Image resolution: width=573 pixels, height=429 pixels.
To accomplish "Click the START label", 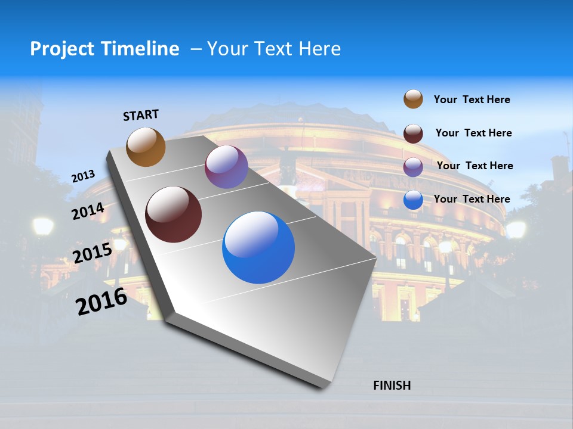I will point(141,115).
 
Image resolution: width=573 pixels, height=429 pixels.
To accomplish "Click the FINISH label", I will point(392,386).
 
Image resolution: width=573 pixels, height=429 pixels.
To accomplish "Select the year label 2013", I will point(83,176).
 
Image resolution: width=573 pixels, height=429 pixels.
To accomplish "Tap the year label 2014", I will point(88,212).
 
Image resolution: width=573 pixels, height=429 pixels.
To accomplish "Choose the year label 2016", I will point(101,301).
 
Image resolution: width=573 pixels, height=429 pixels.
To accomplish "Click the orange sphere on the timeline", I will point(146,147).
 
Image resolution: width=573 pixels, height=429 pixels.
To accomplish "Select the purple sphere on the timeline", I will point(226,167).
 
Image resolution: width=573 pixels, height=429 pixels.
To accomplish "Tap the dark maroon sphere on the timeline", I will point(173,214).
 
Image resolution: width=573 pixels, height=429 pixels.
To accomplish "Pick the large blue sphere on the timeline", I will point(258,247).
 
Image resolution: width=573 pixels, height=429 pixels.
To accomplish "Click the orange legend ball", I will point(413,99).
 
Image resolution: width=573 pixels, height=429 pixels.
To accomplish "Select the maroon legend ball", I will point(413,133).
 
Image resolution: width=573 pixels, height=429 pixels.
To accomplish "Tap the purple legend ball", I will point(413,166).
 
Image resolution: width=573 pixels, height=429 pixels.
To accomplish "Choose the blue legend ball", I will point(413,200).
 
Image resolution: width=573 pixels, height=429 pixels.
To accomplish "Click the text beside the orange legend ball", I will point(472,100).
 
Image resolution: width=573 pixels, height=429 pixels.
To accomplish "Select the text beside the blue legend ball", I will point(472,199).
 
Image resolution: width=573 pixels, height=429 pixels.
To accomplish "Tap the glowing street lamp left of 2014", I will point(43,226).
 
